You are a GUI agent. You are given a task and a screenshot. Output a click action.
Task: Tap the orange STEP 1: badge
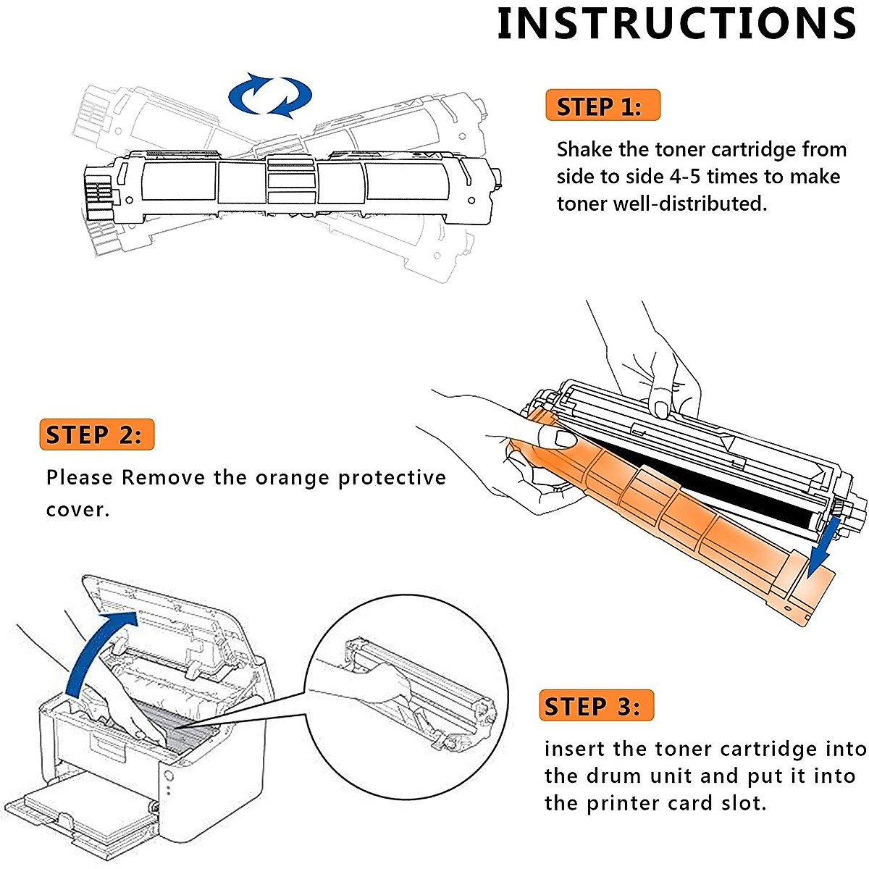[x=603, y=106]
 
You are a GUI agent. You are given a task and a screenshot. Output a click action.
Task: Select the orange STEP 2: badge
[x=97, y=434]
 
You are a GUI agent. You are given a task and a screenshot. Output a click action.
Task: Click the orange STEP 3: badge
[x=596, y=706]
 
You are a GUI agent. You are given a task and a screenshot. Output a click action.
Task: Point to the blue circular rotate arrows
[x=270, y=95]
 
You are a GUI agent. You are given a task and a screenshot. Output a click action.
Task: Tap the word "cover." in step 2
[x=77, y=510]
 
